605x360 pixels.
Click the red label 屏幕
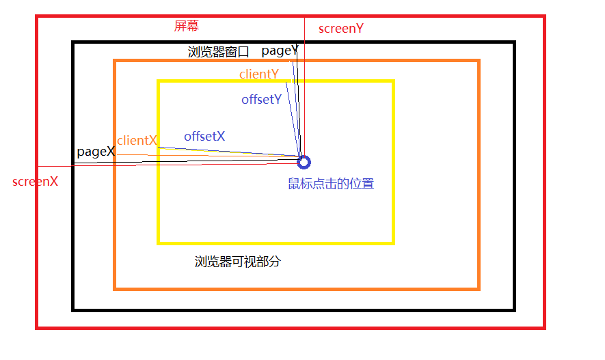click(x=187, y=27)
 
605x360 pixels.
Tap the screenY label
click(x=340, y=29)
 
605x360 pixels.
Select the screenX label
click(x=35, y=182)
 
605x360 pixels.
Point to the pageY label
click(x=280, y=51)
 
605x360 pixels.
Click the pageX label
click(x=96, y=152)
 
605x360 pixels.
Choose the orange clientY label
click(x=258, y=74)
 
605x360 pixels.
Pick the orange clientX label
click(x=137, y=141)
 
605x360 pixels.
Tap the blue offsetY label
click(x=261, y=100)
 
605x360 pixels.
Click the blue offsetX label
click(x=204, y=137)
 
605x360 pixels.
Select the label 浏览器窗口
click(x=219, y=52)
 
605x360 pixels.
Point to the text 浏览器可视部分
click(x=238, y=262)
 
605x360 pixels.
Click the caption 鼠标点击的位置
click(x=331, y=184)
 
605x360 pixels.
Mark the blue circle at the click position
click(x=304, y=162)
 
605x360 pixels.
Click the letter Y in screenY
click(x=359, y=29)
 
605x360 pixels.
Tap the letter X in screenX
click(x=53, y=182)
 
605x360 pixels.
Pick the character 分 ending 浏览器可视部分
click(x=275, y=262)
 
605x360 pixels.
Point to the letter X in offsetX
click(x=220, y=137)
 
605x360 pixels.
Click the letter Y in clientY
click(x=274, y=74)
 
